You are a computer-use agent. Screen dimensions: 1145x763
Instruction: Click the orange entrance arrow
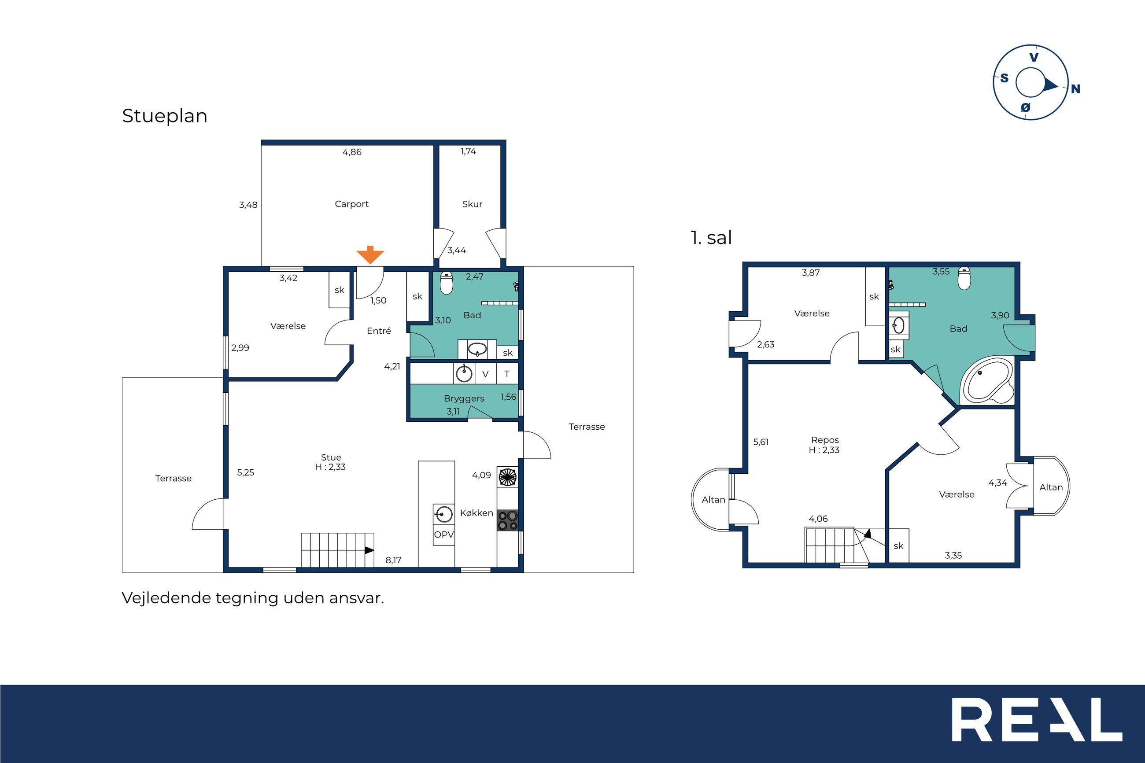pyautogui.click(x=370, y=255)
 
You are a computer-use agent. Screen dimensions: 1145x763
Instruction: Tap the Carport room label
pyautogui.click(x=351, y=204)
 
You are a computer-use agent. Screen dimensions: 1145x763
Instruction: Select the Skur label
pyautogui.click(x=472, y=204)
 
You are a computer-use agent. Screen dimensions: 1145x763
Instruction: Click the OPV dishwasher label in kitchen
pyautogui.click(x=444, y=534)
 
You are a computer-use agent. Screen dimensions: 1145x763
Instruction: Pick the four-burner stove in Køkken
pyautogui.click(x=507, y=520)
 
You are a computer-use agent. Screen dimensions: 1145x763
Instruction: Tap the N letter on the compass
pyautogui.click(x=1075, y=89)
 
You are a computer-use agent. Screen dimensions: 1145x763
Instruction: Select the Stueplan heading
pyautogui.click(x=164, y=116)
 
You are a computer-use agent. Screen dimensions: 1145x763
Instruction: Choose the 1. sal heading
pyautogui.click(x=711, y=237)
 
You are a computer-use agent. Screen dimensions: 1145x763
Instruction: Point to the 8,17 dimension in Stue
pyautogui.click(x=393, y=560)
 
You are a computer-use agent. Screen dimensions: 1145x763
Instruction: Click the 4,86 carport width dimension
pyautogui.click(x=352, y=152)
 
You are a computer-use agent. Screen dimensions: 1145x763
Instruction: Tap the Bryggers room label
pyautogui.click(x=464, y=398)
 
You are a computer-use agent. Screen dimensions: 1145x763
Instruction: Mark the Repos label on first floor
pyautogui.click(x=825, y=440)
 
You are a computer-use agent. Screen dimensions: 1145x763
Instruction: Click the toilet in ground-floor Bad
pyautogui.click(x=446, y=283)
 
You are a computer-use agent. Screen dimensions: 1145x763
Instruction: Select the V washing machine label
pyautogui.click(x=485, y=374)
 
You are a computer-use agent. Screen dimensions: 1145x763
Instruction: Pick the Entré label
pyautogui.click(x=379, y=331)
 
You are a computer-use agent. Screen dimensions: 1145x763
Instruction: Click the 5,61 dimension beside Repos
pyautogui.click(x=761, y=442)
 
